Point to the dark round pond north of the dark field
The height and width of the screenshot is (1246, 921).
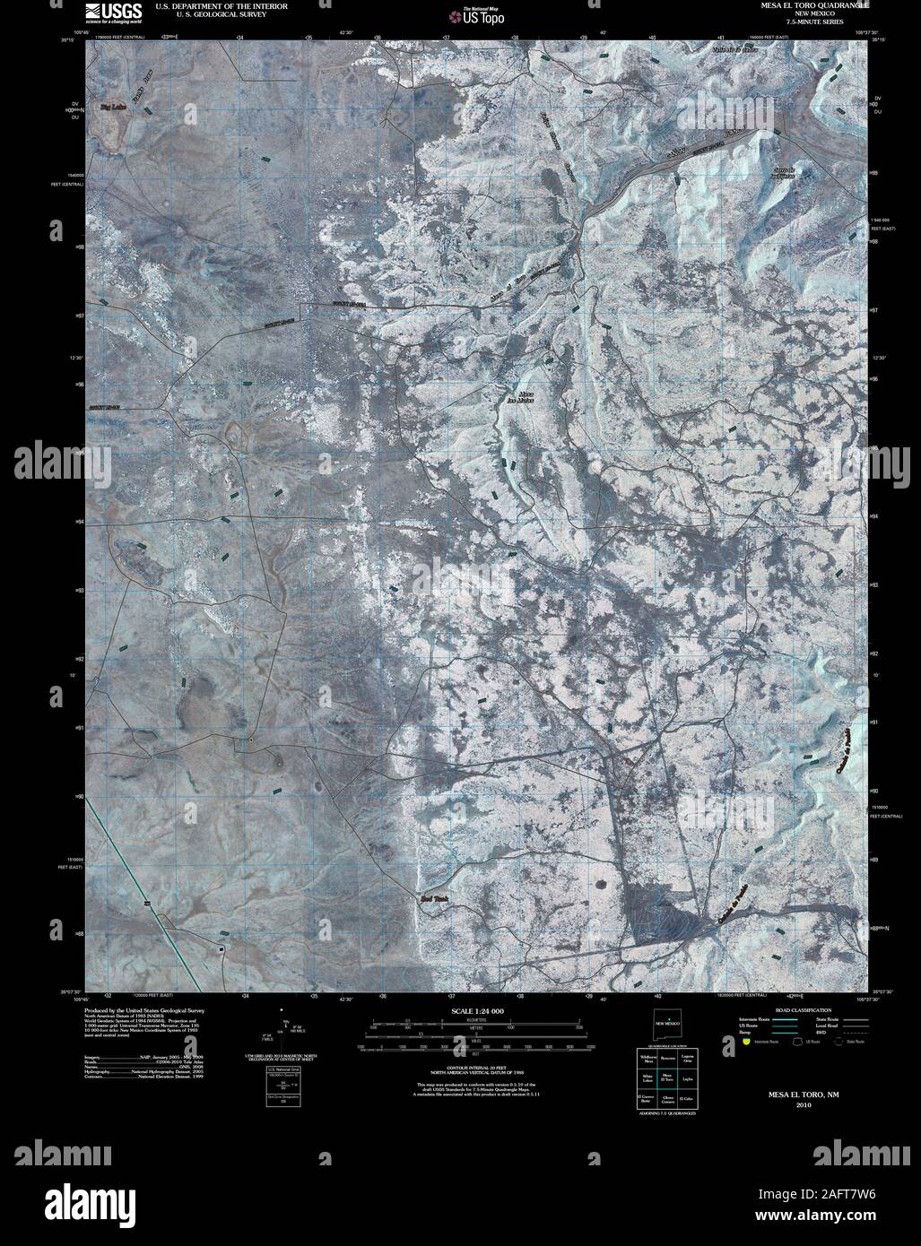click(600, 886)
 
